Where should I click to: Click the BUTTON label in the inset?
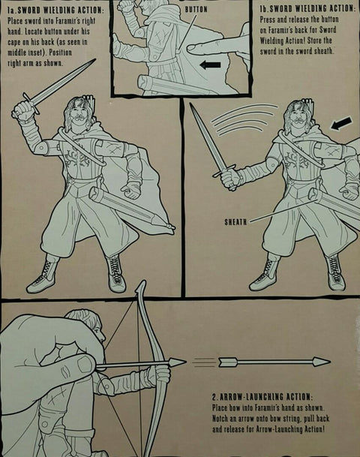[x=196, y=9]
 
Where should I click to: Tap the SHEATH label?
[x=235, y=222]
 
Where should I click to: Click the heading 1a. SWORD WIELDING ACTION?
[x=55, y=11]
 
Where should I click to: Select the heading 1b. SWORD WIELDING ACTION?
[x=307, y=9]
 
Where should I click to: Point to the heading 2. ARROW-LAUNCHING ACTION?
[x=262, y=397]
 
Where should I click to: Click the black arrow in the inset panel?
[x=210, y=65]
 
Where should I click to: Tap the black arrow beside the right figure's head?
[x=341, y=123]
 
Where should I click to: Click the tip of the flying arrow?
[x=329, y=362]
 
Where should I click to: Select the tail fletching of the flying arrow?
[x=227, y=362]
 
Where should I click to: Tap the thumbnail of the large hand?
[x=85, y=364]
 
